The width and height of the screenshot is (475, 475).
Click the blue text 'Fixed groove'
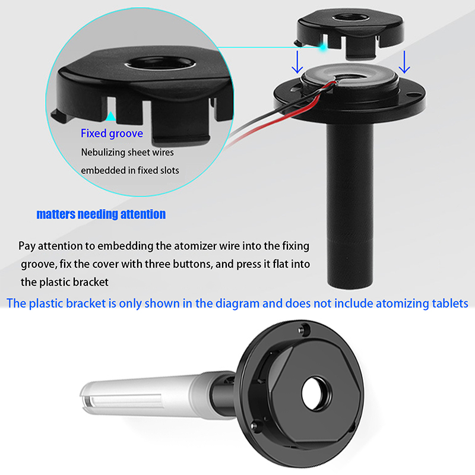tap(112, 134)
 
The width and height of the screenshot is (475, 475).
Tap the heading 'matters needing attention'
tap(101, 214)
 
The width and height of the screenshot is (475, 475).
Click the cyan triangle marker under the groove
tap(111, 116)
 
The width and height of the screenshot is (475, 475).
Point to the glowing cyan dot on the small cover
tap(324, 47)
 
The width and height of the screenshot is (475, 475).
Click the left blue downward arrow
tap(297, 62)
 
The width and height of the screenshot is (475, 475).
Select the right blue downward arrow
tap(404, 62)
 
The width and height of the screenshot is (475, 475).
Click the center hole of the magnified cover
tap(160, 63)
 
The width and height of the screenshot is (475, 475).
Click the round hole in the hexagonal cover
tap(316, 394)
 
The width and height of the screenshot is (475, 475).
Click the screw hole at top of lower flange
tap(304, 330)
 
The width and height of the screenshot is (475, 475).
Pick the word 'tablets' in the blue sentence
tap(450, 303)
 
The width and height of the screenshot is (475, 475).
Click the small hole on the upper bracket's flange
tap(411, 95)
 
